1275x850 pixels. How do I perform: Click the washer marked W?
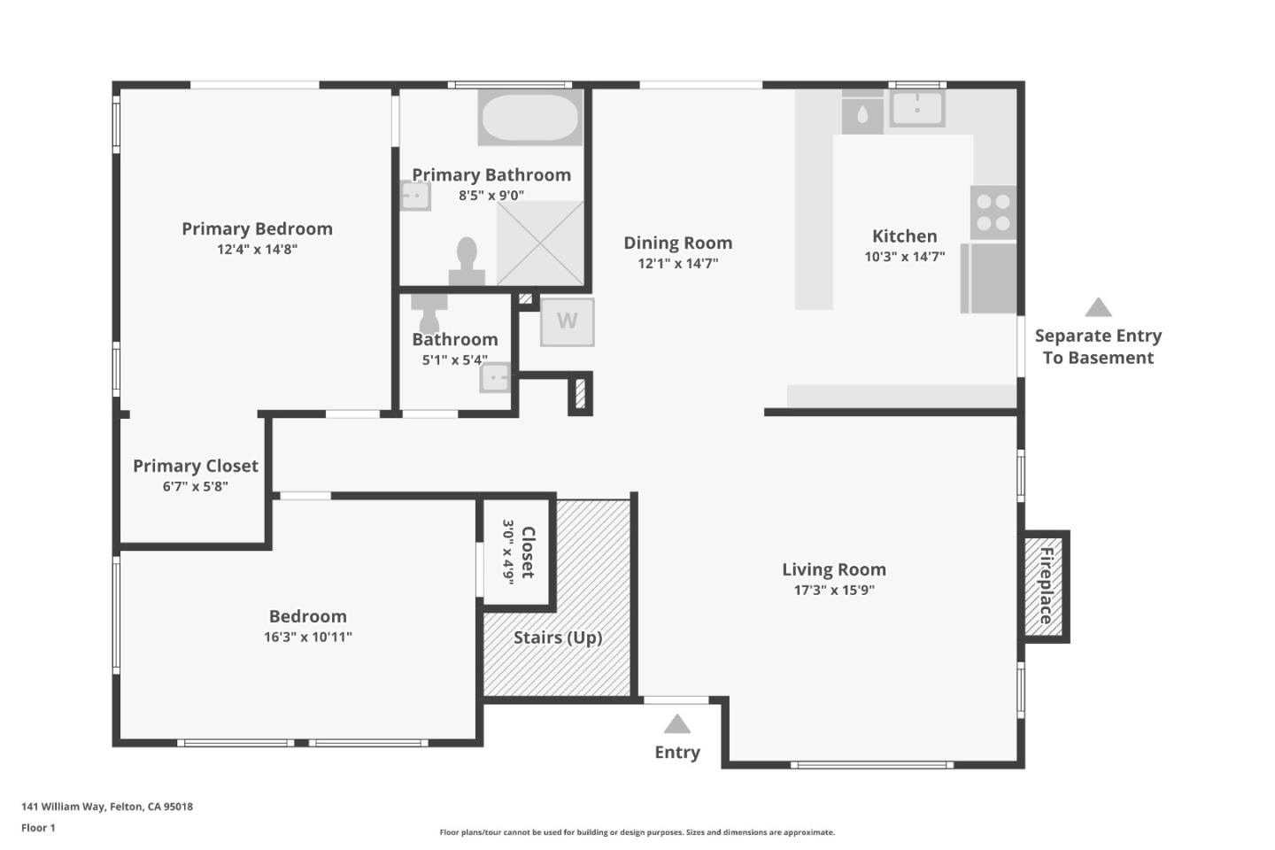click(x=567, y=321)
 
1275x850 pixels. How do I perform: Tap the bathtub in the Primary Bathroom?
click(x=529, y=117)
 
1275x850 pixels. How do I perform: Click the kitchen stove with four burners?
click(x=993, y=212)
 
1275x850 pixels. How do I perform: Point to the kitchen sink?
click(x=916, y=109)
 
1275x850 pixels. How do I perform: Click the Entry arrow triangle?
click(x=677, y=724)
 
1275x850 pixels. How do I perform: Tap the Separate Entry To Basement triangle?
click(x=1098, y=307)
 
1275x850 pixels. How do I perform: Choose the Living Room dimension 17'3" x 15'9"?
click(x=833, y=591)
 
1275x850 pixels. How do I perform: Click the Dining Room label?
click(x=677, y=243)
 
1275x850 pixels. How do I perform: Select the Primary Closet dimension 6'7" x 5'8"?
click(x=195, y=486)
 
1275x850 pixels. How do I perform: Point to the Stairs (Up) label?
click(x=558, y=637)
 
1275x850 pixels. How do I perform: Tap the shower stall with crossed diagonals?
click(x=540, y=243)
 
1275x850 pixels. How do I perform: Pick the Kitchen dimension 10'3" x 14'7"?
click(x=904, y=257)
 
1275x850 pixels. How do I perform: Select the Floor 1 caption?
click(x=38, y=828)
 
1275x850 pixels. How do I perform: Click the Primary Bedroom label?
click(x=257, y=228)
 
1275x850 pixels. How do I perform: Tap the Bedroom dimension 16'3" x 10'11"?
click(x=307, y=637)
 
